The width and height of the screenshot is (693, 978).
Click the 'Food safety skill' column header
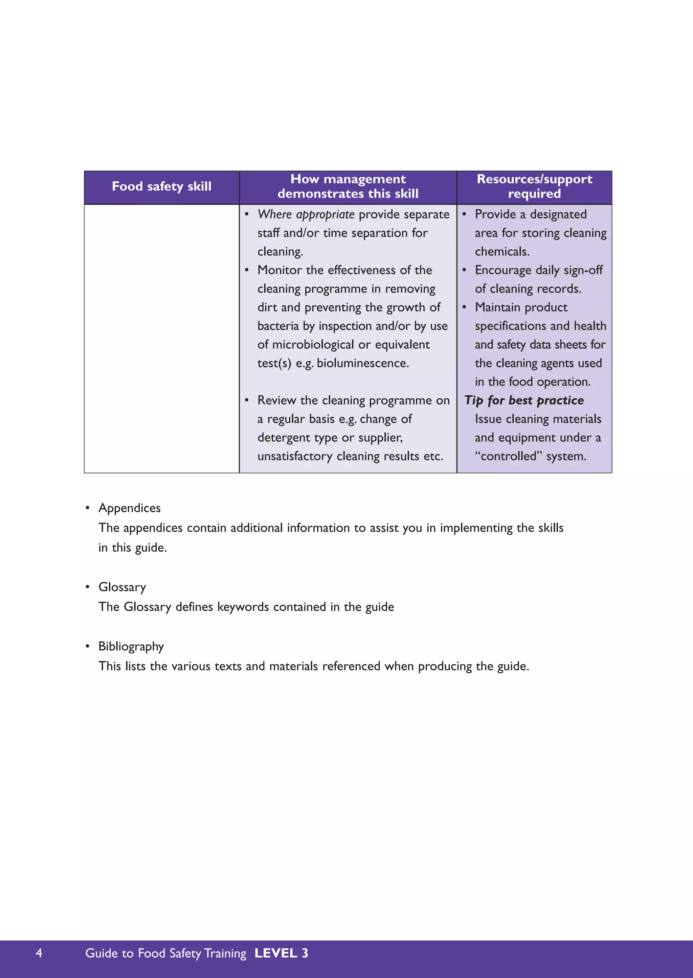pos(161,187)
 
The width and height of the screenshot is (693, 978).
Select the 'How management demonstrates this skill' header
pos(348,186)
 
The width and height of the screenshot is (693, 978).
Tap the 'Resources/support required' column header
pos(534,186)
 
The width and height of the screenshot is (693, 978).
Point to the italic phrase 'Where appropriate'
pos(306,214)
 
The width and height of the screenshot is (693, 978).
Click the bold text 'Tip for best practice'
pos(524,400)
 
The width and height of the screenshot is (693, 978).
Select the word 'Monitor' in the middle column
pos(280,271)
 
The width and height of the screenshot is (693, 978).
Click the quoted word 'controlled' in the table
pos(508,457)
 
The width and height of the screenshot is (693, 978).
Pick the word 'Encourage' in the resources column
pos(503,271)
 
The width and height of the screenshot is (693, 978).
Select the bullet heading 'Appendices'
pos(129,508)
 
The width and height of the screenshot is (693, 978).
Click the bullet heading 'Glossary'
pos(122,587)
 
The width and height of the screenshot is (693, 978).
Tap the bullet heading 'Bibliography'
pos(131,647)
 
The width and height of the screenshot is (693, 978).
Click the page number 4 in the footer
pos(39,953)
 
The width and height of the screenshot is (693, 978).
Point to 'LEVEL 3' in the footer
pos(281,953)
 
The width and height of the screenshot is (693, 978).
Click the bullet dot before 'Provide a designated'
pos(464,214)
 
